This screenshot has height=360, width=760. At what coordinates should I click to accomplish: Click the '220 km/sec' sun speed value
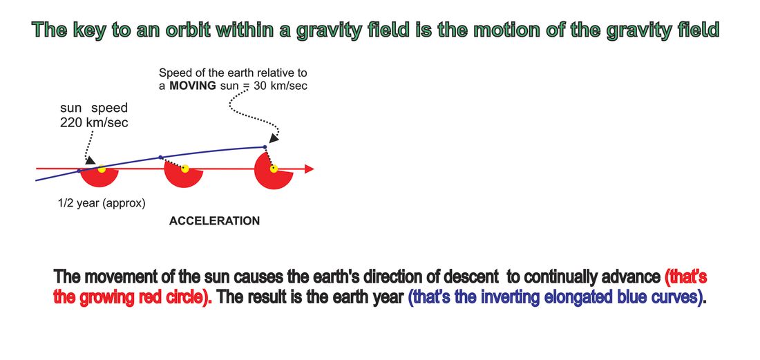pyautogui.click(x=94, y=122)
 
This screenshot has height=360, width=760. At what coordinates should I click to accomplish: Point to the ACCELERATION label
pyautogui.click(x=214, y=221)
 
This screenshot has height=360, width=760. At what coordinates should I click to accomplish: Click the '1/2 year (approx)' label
pyautogui.click(x=102, y=204)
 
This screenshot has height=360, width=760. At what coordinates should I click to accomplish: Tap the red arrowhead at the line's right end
pyautogui.click(x=310, y=169)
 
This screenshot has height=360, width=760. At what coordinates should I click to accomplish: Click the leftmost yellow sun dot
pyautogui.click(x=102, y=169)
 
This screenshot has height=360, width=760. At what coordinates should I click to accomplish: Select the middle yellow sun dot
pyautogui.click(x=184, y=169)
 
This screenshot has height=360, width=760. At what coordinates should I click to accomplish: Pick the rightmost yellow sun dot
pyautogui.click(x=274, y=169)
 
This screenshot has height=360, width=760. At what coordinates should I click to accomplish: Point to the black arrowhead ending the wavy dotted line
pyautogui.click(x=274, y=138)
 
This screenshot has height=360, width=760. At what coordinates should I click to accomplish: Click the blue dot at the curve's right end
pyautogui.click(x=265, y=146)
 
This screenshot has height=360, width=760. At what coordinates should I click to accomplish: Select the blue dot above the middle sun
pyautogui.click(x=160, y=157)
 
